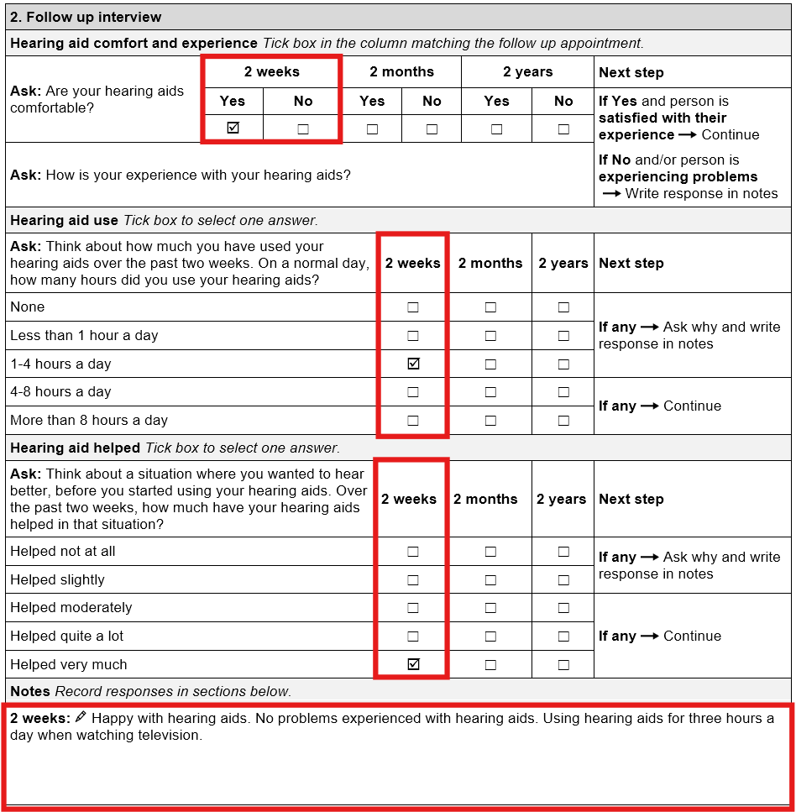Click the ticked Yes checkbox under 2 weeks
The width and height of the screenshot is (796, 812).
233,128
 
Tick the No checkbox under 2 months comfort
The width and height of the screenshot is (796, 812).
432,129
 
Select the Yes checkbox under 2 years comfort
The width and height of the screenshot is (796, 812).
496,129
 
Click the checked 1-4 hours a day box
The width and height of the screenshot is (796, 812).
412,364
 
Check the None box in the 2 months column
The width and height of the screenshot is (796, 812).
490,307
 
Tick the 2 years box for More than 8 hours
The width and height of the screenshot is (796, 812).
563,421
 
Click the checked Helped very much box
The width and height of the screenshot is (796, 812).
412,664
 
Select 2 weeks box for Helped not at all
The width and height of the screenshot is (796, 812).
412,552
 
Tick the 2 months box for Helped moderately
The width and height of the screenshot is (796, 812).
490,608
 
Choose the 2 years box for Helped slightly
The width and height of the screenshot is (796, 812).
563,580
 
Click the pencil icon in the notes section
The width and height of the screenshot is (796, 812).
81,718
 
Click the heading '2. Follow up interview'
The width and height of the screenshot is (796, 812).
86,17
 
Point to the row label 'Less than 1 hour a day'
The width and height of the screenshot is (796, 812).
84,336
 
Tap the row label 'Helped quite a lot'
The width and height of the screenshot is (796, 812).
67,637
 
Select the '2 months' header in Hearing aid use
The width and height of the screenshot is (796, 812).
490,264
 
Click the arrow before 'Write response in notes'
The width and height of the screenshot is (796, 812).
611,194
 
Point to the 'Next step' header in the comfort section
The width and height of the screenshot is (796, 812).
631,73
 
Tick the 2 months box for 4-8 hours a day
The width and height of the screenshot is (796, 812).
490,392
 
